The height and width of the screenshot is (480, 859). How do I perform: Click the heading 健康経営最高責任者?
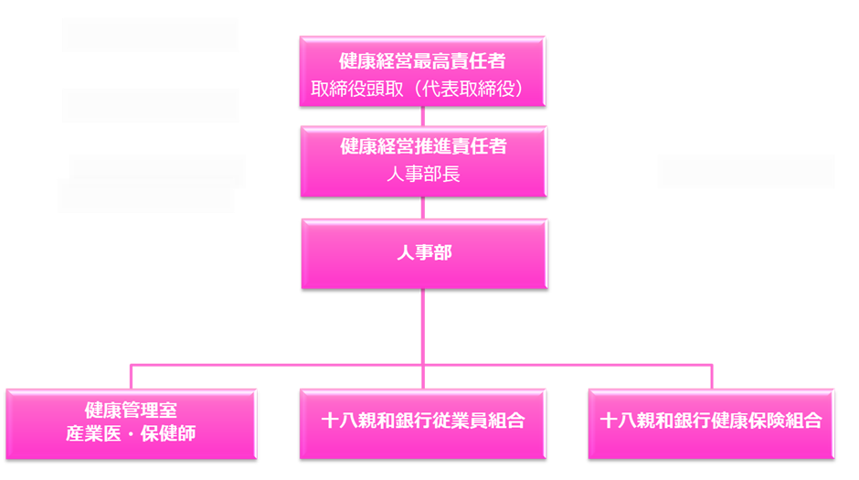tap(422, 62)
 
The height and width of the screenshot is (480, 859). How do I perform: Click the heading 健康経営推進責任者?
tap(423, 146)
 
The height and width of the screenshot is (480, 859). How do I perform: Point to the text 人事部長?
tap(423, 174)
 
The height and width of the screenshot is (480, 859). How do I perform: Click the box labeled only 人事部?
tap(424, 254)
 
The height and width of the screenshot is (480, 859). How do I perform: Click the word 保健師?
tap(172, 432)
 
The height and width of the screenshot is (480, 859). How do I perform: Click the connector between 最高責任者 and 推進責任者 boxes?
tap(423, 118)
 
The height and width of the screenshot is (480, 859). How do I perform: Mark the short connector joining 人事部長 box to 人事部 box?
tap(423, 208)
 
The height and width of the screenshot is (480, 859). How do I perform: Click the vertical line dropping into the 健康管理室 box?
tap(132, 377)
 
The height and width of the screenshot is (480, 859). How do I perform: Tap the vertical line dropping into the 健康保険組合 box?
tap(712, 377)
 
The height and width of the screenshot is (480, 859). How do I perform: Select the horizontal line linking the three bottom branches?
tap(274, 365)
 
